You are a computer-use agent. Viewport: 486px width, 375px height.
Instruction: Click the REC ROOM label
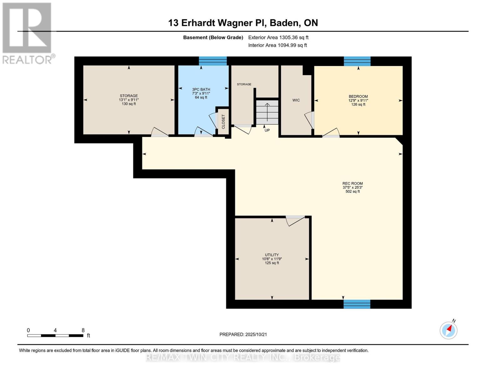tap(352, 183)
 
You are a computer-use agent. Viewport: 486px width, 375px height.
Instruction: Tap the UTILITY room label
tap(272, 255)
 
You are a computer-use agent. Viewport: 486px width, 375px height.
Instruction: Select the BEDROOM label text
tap(358, 97)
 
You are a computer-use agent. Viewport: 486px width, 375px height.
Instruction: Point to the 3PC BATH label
tap(201, 89)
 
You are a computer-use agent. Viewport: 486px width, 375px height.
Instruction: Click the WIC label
tap(296, 100)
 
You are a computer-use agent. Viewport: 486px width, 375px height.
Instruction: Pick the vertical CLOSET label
tap(223, 122)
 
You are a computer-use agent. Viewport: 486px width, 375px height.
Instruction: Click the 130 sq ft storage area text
tap(129, 104)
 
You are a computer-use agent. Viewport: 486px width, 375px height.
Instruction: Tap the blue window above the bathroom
tap(213, 61)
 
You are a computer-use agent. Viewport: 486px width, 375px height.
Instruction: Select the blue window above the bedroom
tap(357, 61)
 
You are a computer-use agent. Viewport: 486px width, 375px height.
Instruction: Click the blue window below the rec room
tap(357, 304)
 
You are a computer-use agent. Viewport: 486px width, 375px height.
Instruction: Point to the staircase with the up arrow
tap(267, 112)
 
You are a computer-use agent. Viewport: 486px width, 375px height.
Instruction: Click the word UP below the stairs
tap(267, 130)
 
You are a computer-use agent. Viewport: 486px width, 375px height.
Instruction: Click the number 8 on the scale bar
tap(83, 330)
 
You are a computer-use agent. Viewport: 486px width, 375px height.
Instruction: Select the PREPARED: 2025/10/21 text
tap(243, 334)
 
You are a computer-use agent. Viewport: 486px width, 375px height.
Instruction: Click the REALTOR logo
tap(28, 33)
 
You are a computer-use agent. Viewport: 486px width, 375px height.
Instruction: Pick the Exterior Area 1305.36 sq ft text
tap(278, 37)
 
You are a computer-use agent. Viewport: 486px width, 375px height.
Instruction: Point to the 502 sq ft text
tap(352, 192)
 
